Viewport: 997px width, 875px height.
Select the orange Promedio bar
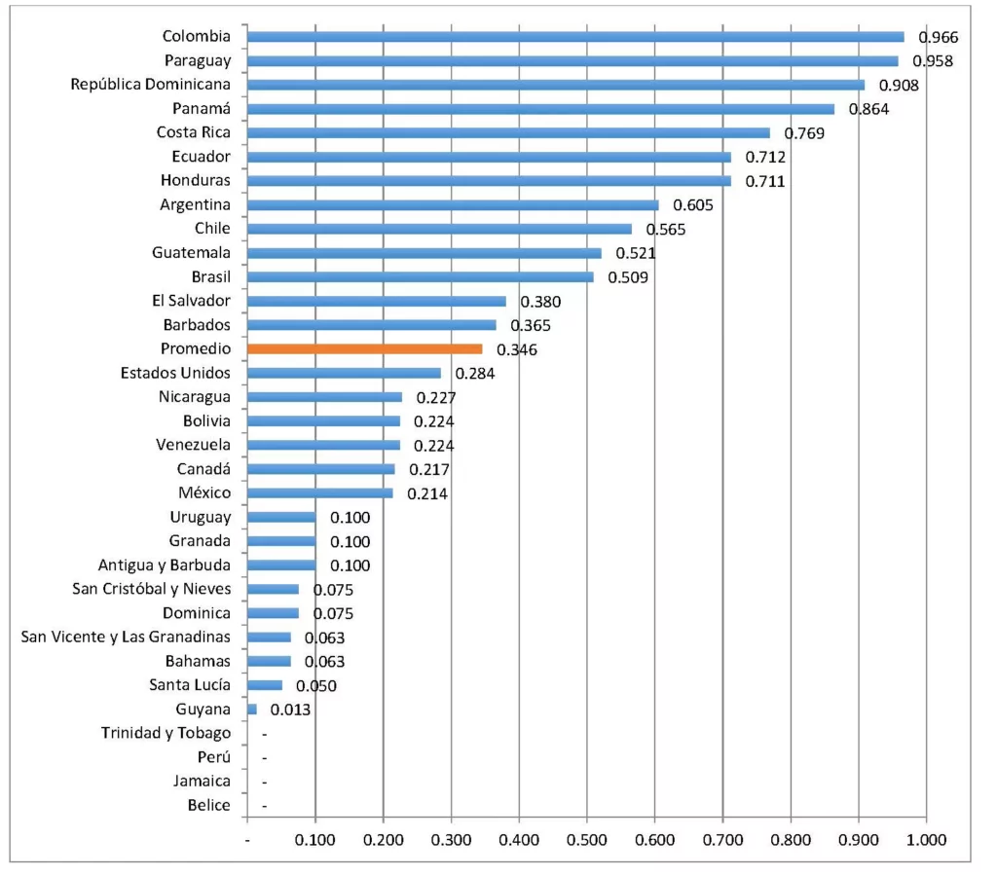click(x=365, y=348)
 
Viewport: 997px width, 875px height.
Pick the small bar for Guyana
click(x=252, y=710)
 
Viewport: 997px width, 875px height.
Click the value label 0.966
click(x=939, y=38)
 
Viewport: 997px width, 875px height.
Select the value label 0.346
click(x=517, y=349)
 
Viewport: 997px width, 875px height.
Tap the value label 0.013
click(x=291, y=711)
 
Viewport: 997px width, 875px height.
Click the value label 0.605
click(x=693, y=205)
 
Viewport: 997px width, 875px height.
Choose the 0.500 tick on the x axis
click(x=587, y=839)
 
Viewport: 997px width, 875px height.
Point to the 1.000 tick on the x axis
click(x=926, y=839)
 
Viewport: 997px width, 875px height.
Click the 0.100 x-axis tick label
click(x=315, y=839)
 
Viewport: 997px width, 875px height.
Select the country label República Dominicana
click(x=151, y=85)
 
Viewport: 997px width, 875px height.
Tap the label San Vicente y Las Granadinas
click(x=126, y=638)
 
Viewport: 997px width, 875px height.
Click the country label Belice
click(x=209, y=805)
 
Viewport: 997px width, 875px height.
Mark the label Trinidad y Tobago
click(x=166, y=733)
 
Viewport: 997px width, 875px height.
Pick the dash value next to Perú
click(x=264, y=757)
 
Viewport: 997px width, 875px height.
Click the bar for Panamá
click(x=540, y=109)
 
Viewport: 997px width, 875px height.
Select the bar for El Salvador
click(x=377, y=301)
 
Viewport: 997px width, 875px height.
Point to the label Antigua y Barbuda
click(x=165, y=565)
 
